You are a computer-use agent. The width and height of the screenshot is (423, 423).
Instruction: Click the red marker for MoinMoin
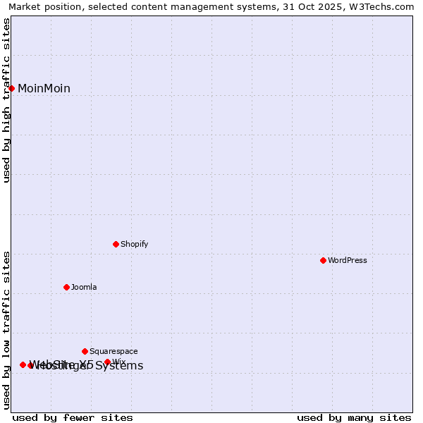12,88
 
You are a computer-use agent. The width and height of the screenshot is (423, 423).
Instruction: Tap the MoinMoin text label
44,88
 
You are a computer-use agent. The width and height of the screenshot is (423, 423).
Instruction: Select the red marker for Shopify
116,244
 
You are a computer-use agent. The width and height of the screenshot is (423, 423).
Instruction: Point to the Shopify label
134,244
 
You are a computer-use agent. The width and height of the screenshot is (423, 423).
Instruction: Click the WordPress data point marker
323,260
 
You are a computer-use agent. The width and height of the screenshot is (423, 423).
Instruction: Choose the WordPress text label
347,260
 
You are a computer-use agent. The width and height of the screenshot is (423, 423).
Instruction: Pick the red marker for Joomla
66,287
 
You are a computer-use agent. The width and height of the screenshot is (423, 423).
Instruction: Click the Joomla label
84,287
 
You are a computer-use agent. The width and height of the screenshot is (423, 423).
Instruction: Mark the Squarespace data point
85,351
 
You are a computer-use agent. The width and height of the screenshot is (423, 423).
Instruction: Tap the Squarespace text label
114,351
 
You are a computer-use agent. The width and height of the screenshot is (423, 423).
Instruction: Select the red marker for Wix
107,362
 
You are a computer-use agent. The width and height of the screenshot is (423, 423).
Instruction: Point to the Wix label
118,362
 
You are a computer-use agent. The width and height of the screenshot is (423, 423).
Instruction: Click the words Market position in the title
42,7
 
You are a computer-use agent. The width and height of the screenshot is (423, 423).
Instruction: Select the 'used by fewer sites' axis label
73,417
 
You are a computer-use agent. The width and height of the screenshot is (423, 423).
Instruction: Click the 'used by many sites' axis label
354,417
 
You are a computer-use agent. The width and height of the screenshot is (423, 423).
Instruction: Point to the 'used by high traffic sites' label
7,100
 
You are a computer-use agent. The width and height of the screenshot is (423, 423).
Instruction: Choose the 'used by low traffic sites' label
7,330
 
